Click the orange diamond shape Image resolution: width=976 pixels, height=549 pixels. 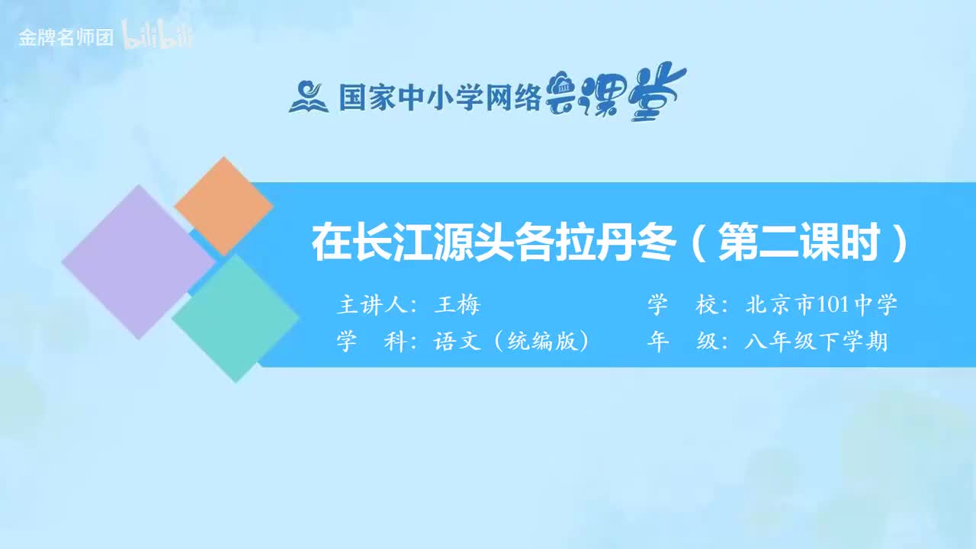223,206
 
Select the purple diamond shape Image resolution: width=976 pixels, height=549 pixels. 138,262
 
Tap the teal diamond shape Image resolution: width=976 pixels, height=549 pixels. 236,318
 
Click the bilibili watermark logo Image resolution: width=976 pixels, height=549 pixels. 159,38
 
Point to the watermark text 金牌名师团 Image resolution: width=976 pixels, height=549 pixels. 66,38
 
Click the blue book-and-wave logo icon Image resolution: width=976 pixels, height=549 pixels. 308,97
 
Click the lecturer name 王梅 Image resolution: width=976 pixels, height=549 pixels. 457,305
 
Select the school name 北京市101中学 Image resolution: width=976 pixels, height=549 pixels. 820,305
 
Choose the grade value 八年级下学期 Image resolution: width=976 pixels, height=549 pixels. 816,342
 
